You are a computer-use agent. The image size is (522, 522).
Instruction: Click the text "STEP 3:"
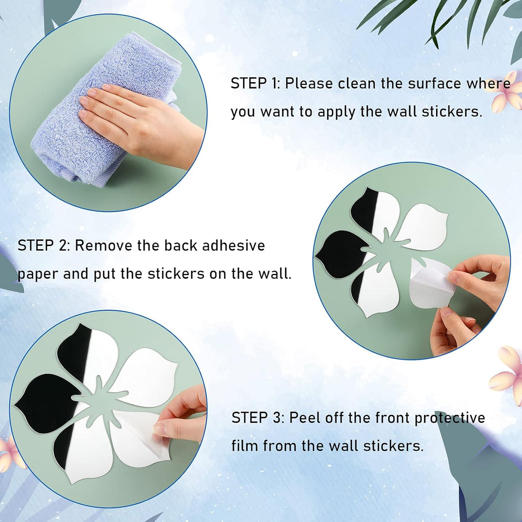coord(258,418)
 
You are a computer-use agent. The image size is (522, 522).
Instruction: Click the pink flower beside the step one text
coord(507,92)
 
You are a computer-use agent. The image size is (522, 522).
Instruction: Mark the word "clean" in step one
coord(356,83)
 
